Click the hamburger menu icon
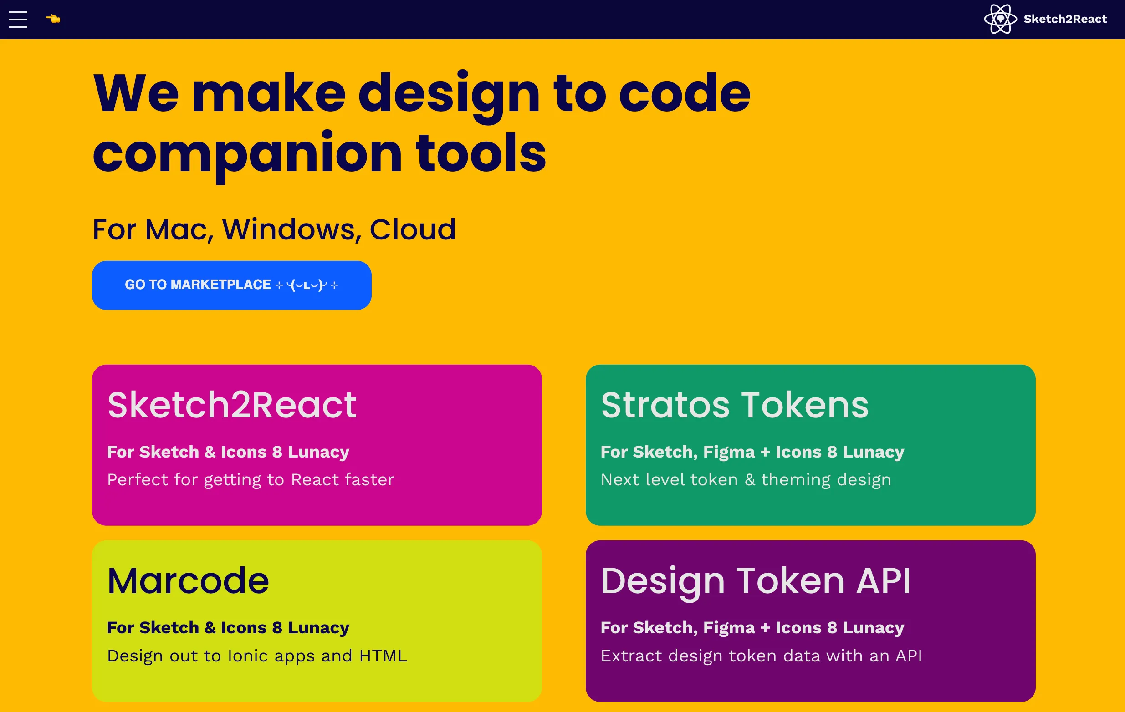point(18,19)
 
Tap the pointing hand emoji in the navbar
point(53,19)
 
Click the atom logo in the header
point(1000,19)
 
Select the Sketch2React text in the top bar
point(1065,19)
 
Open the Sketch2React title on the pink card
point(232,405)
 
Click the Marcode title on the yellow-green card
point(188,581)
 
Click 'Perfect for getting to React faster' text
point(251,480)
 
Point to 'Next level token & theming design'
point(746,480)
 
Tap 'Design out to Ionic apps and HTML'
point(257,656)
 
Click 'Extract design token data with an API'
point(762,656)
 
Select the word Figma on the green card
point(729,453)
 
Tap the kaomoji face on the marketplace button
point(307,285)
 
